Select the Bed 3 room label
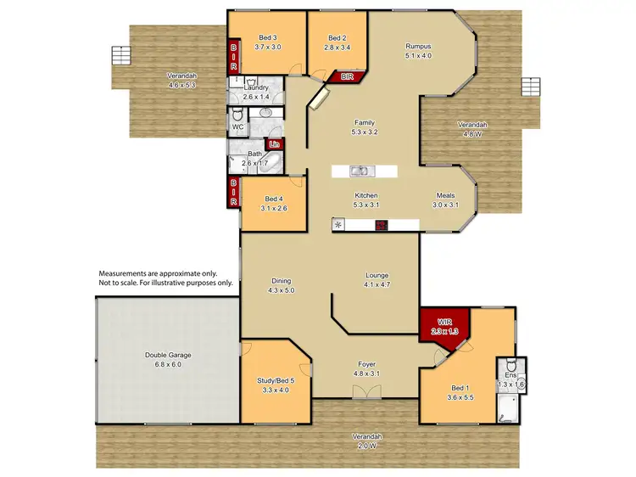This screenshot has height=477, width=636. [267, 38]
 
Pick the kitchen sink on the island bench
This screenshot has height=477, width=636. [360, 171]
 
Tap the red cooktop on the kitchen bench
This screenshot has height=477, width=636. [382, 225]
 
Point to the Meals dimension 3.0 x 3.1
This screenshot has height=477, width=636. [445, 205]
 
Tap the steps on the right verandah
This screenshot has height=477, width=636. [530, 87]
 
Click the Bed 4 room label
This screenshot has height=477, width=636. [272, 197]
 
